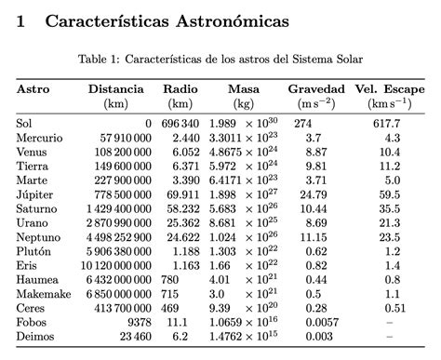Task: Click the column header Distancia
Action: [x=117, y=89]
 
